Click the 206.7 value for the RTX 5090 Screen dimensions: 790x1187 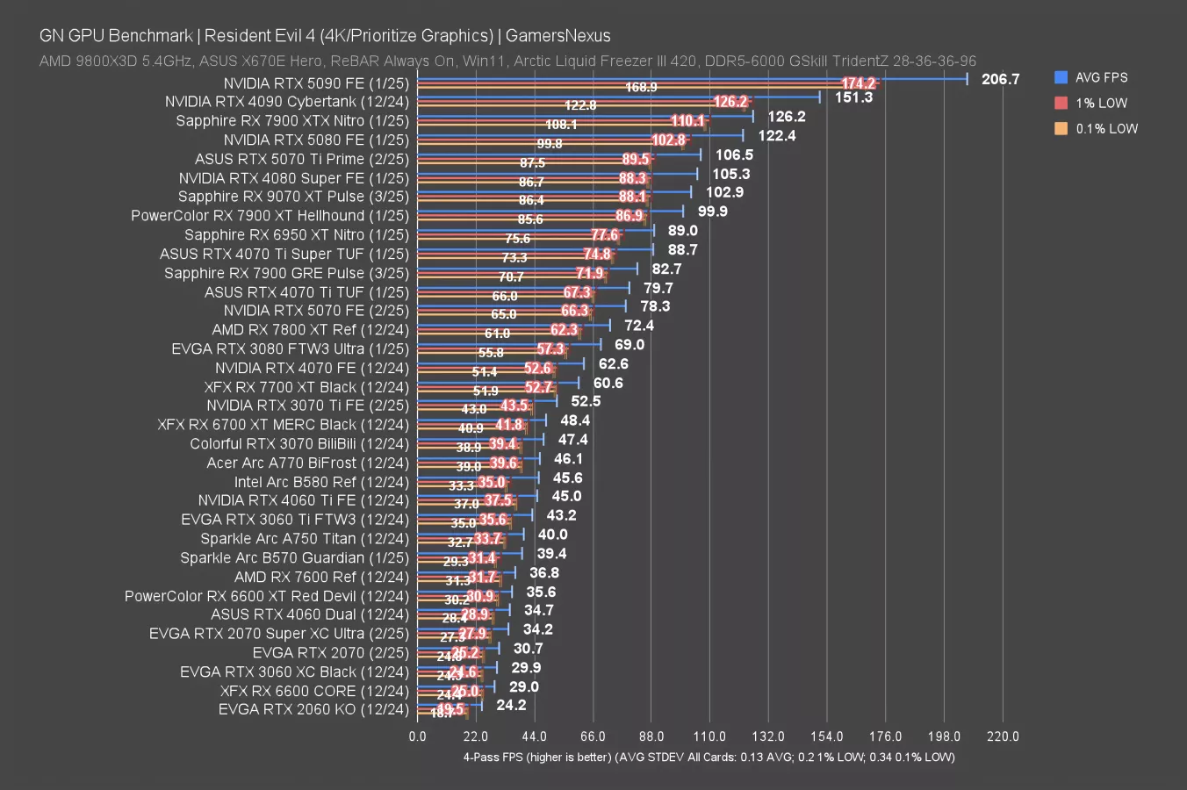[x=1000, y=79]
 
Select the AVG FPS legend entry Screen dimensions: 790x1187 [x=1101, y=77]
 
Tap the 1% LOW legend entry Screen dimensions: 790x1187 [x=1101, y=103]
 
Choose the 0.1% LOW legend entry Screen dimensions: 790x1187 [x=1106, y=128]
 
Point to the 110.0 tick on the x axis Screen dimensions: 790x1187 [x=709, y=736]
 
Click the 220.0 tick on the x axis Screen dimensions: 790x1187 [x=1003, y=736]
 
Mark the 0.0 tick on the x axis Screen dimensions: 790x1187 [x=417, y=736]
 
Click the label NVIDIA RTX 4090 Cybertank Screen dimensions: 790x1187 [x=287, y=102]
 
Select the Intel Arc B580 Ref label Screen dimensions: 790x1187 [x=321, y=482]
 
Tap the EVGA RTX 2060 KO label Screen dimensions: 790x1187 [x=313, y=709]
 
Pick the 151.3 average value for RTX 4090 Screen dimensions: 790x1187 [x=853, y=97]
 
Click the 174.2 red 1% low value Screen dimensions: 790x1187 [x=858, y=83]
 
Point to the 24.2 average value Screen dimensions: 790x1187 [x=511, y=705]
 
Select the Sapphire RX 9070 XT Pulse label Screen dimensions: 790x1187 [x=293, y=197]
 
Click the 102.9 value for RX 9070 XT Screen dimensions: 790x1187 [x=724, y=192]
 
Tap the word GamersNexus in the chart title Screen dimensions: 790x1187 [x=558, y=36]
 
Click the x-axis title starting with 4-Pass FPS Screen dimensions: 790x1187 [x=709, y=757]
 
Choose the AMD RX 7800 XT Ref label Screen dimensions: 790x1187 [x=310, y=330]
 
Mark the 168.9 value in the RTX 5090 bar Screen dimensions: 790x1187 [x=641, y=87]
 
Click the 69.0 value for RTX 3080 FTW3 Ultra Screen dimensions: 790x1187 [x=629, y=345]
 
